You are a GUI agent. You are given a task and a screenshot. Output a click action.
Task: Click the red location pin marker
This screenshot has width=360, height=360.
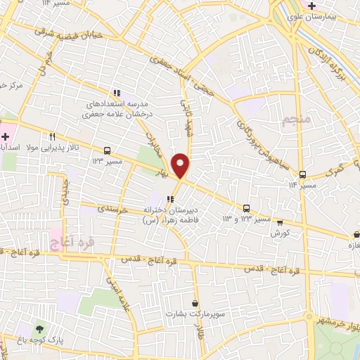181,165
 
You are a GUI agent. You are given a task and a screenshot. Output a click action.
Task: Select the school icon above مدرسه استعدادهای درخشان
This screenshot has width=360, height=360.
117,92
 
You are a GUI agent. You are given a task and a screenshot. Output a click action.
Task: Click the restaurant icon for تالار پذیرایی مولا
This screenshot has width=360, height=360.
52,137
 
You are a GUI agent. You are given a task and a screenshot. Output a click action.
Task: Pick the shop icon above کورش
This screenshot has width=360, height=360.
280,222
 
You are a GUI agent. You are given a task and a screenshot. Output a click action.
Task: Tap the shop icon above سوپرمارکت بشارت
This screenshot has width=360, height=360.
194,304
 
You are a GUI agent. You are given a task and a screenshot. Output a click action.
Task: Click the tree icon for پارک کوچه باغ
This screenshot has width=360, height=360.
39,328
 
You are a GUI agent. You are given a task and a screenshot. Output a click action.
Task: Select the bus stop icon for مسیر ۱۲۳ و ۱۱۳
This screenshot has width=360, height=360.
246,208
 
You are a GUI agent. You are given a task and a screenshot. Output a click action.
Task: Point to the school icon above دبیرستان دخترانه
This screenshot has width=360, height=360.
170,199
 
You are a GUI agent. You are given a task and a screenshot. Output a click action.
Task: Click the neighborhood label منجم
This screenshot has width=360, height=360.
296,120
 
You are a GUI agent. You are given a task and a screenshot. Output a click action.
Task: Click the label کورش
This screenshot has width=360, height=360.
280,233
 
